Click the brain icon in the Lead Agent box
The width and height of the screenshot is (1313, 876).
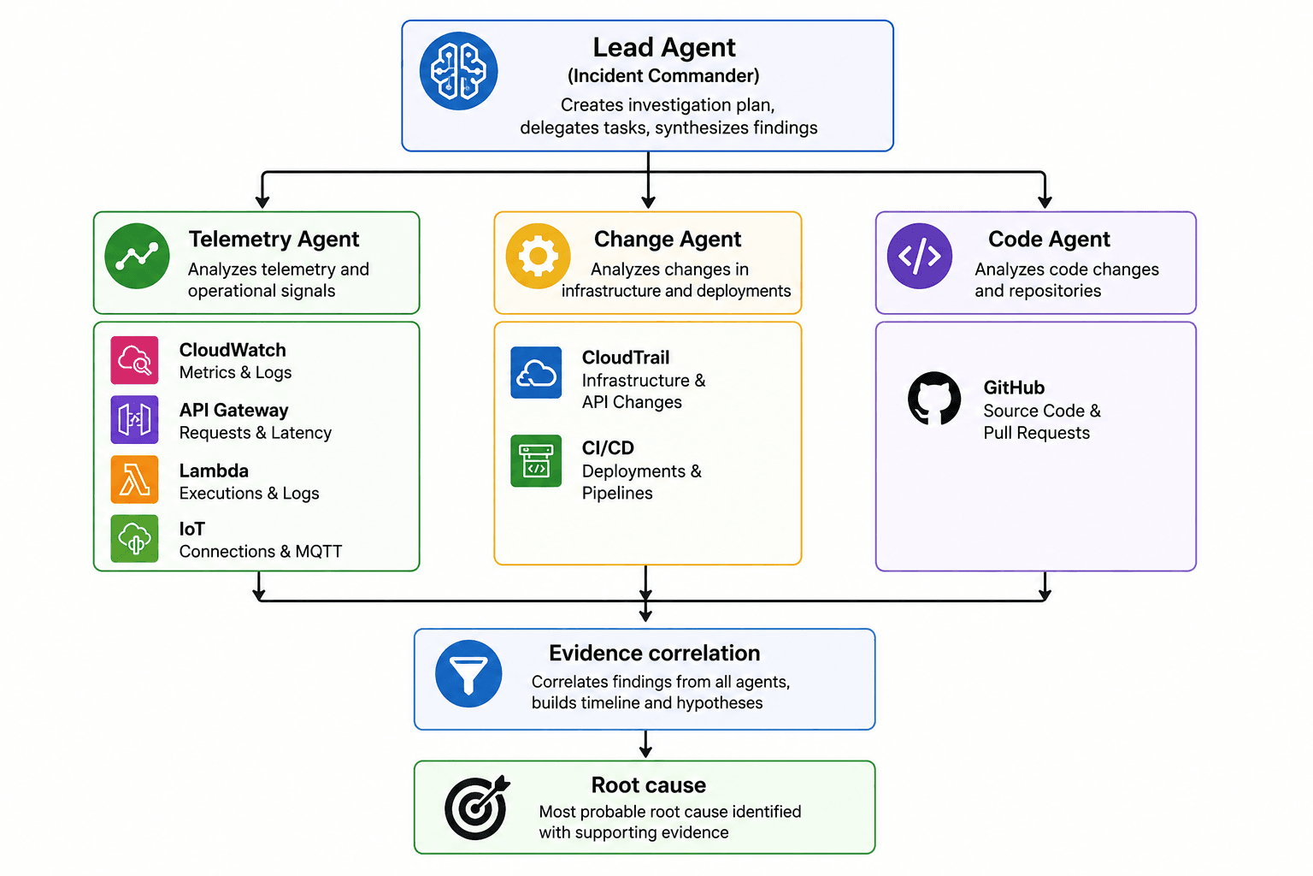[x=458, y=71]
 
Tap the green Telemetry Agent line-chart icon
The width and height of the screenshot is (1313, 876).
[x=137, y=256]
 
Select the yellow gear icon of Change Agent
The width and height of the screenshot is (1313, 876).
[x=538, y=256]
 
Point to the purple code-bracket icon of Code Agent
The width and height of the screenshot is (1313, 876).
[x=920, y=256]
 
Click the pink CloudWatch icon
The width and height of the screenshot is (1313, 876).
[x=134, y=359]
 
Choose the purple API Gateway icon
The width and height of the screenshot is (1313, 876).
[x=134, y=419]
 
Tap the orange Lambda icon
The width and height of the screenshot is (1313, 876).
[x=134, y=479]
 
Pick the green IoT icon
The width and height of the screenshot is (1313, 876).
[x=134, y=539]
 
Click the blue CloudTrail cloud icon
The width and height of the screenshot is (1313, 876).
[x=536, y=373]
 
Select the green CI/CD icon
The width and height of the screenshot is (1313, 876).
[x=536, y=460]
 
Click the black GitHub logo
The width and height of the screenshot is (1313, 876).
[x=934, y=399]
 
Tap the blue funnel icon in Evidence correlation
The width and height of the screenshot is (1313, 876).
[x=468, y=673]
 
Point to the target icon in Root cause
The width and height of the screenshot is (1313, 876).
[x=476, y=808]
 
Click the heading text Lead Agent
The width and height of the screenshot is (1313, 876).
[x=664, y=48]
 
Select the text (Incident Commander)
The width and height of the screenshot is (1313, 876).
[x=663, y=75]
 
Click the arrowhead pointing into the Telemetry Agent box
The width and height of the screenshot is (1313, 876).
[x=262, y=202]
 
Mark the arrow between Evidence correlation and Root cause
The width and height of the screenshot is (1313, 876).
[x=645, y=744]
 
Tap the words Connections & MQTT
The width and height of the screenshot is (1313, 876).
[x=260, y=552]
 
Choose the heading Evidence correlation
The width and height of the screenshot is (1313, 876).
[x=654, y=653]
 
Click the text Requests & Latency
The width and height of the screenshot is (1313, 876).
[x=256, y=433]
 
